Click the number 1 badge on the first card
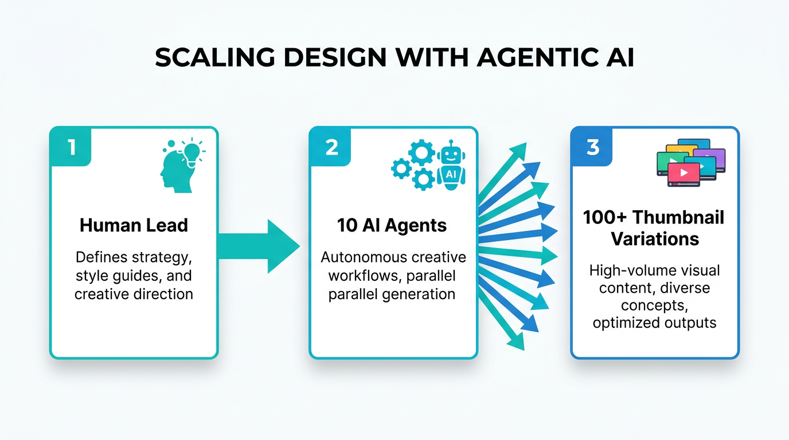(71, 147)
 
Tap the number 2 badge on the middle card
(331, 147)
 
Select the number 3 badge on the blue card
(593, 147)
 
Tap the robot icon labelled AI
(451, 164)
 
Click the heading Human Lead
(134, 225)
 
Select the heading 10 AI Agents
(392, 225)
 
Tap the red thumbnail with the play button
(683, 173)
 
